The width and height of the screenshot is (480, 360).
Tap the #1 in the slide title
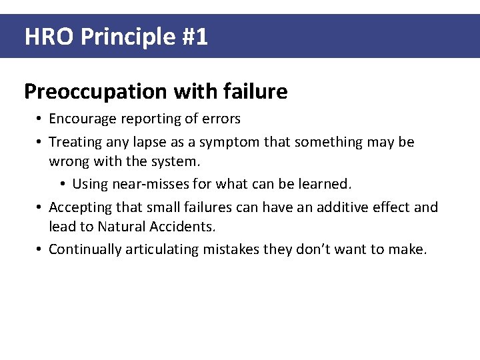194,37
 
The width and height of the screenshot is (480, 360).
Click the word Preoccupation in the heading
96,91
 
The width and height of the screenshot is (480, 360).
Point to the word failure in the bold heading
254,91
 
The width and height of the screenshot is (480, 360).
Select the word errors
221,119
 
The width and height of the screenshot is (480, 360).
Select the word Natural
123,227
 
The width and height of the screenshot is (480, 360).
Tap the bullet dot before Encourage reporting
40,119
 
